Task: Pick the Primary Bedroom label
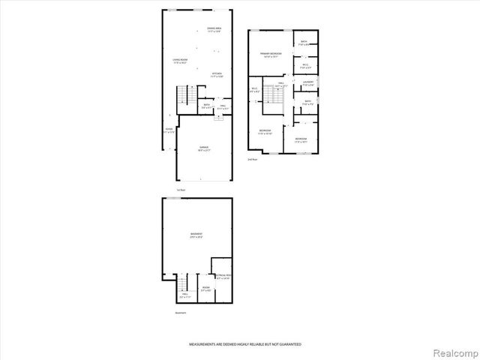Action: (x=270, y=55)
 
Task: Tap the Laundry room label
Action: (x=307, y=83)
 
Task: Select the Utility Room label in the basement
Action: (x=223, y=277)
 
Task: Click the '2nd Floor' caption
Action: (x=253, y=160)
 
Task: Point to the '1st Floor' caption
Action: (x=180, y=190)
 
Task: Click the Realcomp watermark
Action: (x=455, y=351)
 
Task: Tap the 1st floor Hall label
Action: (x=223, y=106)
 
